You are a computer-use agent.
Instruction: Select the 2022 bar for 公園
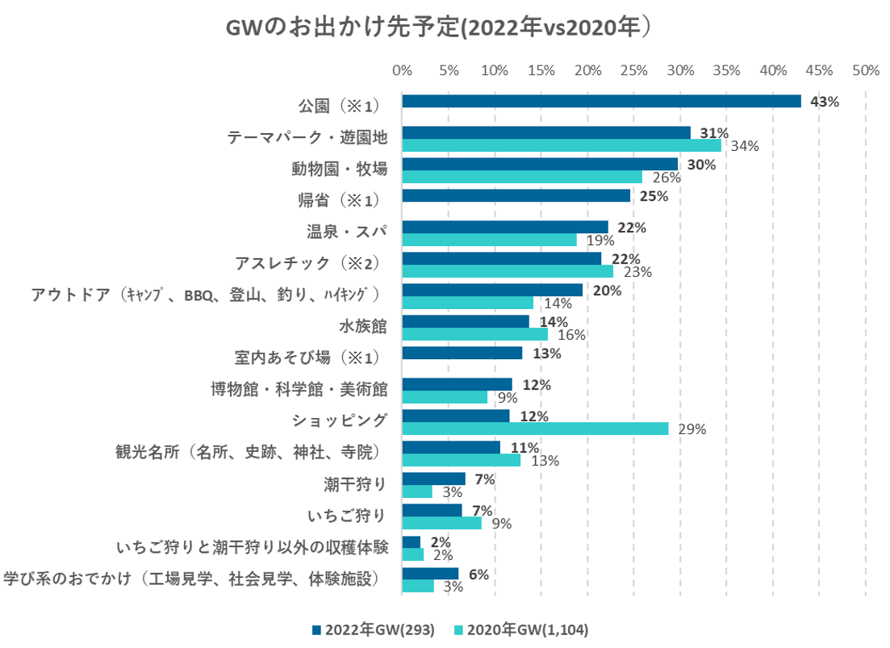click(601, 101)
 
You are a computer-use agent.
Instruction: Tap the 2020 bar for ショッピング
click(535, 429)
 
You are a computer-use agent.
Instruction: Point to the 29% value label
click(692, 429)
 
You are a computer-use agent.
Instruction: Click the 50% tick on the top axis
click(865, 70)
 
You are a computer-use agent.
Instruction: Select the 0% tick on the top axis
click(402, 70)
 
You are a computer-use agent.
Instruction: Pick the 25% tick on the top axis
click(633, 70)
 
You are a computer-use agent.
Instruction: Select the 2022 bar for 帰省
click(516, 195)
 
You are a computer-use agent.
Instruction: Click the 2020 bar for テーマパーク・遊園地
click(561, 145)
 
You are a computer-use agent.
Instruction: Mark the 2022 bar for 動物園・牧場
click(539, 164)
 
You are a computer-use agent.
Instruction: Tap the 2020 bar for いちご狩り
click(441, 523)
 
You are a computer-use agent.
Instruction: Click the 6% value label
click(478, 575)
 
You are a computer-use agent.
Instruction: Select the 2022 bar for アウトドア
click(492, 290)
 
